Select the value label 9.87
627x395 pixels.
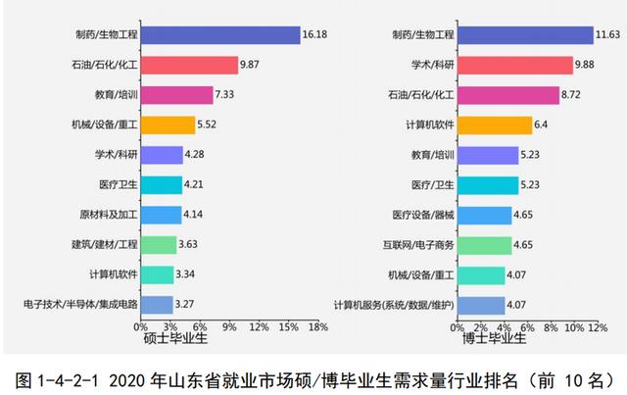pos(255,66)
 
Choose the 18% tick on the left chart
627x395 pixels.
pos(317,326)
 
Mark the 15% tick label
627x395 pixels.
pos(288,326)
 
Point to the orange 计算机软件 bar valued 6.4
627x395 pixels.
pos(494,125)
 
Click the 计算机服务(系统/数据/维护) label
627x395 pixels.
pos(394,304)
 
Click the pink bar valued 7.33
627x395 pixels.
pos(176,95)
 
